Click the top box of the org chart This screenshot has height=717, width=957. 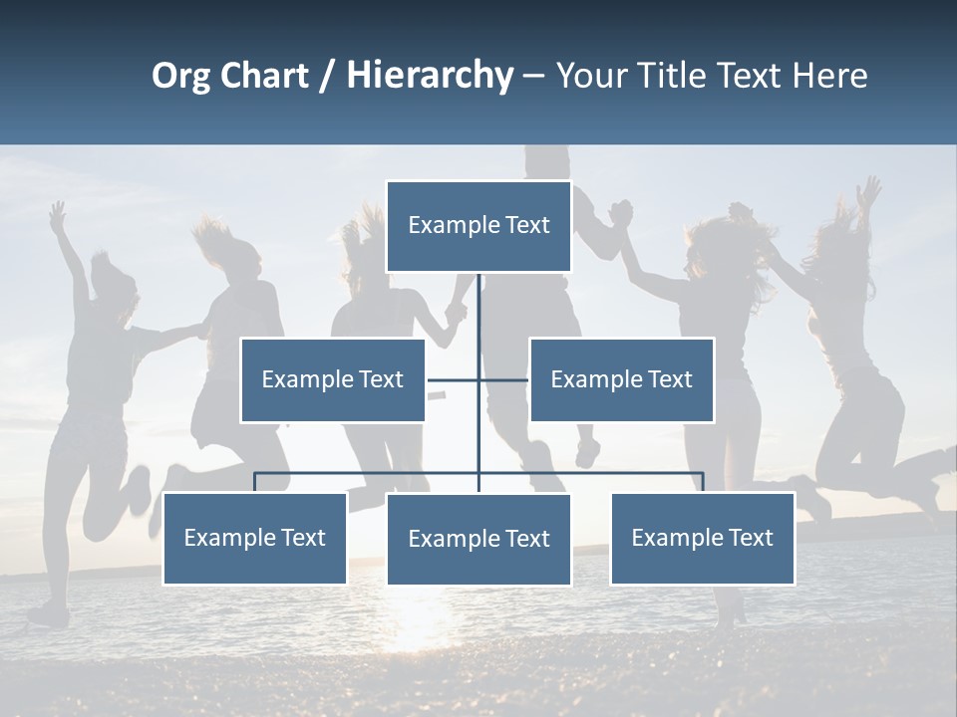click(x=478, y=226)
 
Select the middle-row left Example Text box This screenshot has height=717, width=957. click(x=333, y=379)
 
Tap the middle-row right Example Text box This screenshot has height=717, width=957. click(x=621, y=379)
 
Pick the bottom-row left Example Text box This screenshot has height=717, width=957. click(x=255, y=538)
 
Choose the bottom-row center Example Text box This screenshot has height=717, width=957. click(x=478, y=539)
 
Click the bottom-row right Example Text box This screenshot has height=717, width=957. click(x=703, y=538)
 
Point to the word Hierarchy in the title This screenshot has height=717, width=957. click(x=430, y=77)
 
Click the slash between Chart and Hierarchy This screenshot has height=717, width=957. click(x=327, y=77)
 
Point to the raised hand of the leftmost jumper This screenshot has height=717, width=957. click(x=58, y=213)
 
